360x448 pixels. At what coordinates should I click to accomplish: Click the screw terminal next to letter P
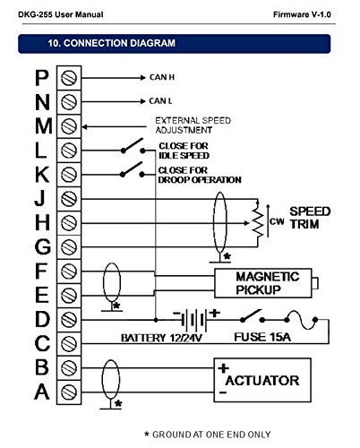pyautogui.click(x=69, y=78)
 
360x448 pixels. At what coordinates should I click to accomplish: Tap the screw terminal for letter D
pyautogui.click(x=69, y=320)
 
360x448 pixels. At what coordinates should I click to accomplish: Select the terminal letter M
pyautogui.click(x=44, y=126)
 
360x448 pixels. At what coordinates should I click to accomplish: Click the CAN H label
pyautogui.click(x=162, y=77)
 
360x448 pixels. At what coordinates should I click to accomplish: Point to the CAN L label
pyautogui.click(x=160, y=101)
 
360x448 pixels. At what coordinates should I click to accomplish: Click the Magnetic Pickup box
pyautogui.click(x=263, y=283)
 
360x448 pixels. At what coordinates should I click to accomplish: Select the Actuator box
pyautogui.click(x=262, y=380)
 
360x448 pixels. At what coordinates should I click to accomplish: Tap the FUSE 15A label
pyautogui.click(x=262, y=337)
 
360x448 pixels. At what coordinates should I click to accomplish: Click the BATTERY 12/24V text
pyautogui.click(x=161, y=338)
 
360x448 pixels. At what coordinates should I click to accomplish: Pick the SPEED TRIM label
pyautogui.click(x=310, y=218)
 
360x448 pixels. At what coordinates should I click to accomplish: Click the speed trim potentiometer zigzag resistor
pyautogui.click(x=258, y=222)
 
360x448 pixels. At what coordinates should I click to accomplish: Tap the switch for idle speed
pyautogui.click(x=133, y=146)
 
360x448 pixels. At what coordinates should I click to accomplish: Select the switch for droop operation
pyautogui.click(x=133, y=170)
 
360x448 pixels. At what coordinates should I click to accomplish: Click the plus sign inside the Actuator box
pyautogui.click(x=223, y=368)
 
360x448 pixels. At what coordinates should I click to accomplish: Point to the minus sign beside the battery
pyautogui.click(x=176, y=314)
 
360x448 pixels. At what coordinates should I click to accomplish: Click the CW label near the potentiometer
pyautogui.click(x=277, y=221)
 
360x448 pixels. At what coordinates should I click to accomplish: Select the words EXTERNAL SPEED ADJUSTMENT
pyautogui.click(x=193, y=125)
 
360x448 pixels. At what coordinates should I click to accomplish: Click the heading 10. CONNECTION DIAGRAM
pyautogui.click(x=112, y=43)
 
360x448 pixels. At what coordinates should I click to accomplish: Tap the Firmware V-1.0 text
pyautogui.click(x=302, y=14)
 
